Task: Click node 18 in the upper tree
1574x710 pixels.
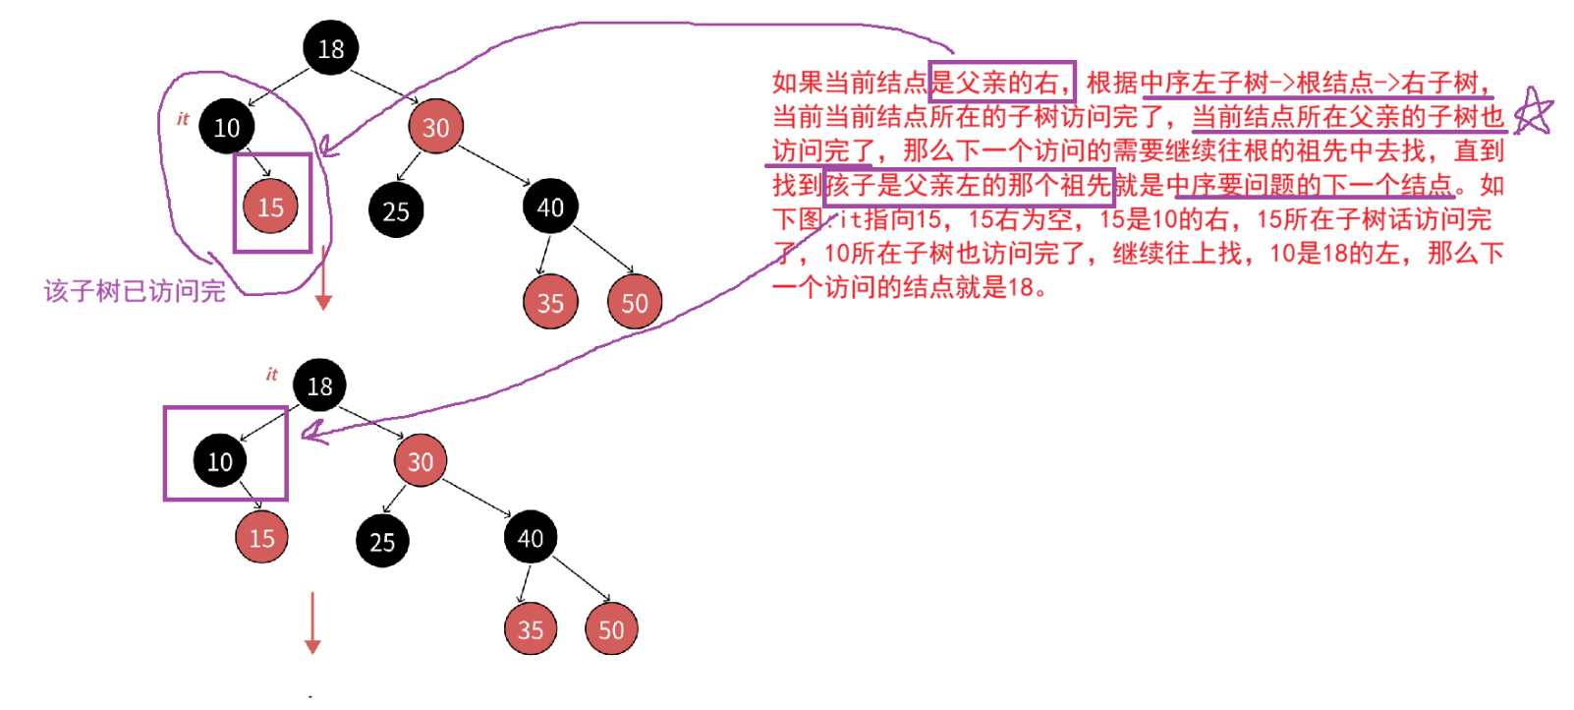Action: (331, 48)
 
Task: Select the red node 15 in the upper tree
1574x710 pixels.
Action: (270, 207)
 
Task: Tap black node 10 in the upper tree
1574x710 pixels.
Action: (227, 127)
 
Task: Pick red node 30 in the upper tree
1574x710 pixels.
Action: (435, 127)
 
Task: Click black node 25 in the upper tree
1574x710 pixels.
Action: (396, 210)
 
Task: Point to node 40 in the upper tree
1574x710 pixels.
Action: (550, 207)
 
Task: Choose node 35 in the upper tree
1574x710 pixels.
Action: (550, 302)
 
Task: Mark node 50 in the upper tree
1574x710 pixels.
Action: (635, 302)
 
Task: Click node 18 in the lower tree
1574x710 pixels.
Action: (319, 385)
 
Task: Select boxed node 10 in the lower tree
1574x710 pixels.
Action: (220, 460)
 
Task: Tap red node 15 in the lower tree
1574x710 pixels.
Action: (262, 538)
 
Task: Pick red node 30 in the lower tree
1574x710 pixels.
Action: (421, 461)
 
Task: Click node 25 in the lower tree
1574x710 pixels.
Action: (382, 541)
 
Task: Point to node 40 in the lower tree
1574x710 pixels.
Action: (531, 538)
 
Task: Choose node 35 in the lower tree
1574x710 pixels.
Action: (531, 629)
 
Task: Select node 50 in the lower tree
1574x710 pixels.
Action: (611, 629)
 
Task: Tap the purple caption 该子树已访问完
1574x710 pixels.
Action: (135, 291)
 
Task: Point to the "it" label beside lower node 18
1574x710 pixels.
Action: (272, 374)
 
